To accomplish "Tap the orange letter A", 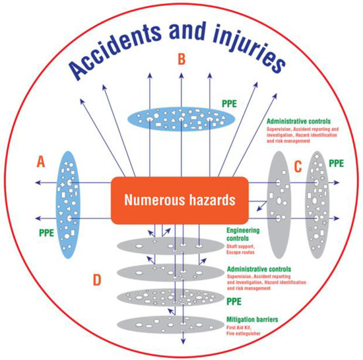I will tap(42, 161).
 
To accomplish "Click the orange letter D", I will tap(98, 280).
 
